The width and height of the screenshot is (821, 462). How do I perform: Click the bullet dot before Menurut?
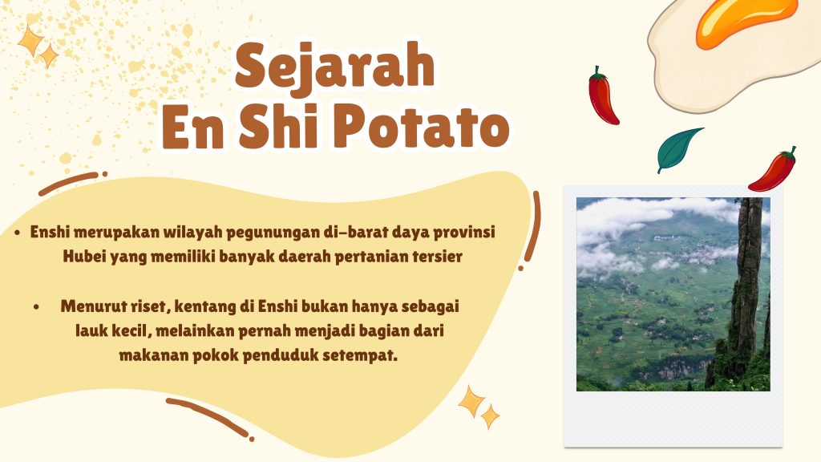(36, 307)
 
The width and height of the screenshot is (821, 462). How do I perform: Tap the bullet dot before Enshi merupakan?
(18, 233)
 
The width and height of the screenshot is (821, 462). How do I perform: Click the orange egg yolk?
(746, 21)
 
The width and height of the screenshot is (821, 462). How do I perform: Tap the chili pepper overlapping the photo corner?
(774, 170)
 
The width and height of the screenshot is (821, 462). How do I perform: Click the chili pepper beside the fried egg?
(603, 96)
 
